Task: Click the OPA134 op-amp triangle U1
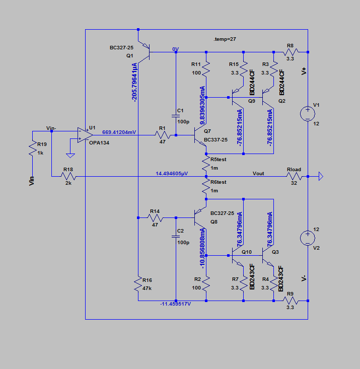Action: coord(85,134)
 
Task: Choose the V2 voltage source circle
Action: coord(306,237)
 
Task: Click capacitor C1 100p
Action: coord(176,116)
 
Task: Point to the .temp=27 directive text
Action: coord(225,39)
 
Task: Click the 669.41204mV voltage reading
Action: coord(119,132)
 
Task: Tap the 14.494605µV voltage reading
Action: coord(172,173)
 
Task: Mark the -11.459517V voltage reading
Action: coord(176,304)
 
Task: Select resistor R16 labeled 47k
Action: coord(137,286)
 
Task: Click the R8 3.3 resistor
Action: coord(291,51)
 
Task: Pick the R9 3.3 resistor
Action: coord(291,301)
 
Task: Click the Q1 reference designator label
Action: coord(130,56)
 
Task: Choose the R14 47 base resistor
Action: coord(156,217)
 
